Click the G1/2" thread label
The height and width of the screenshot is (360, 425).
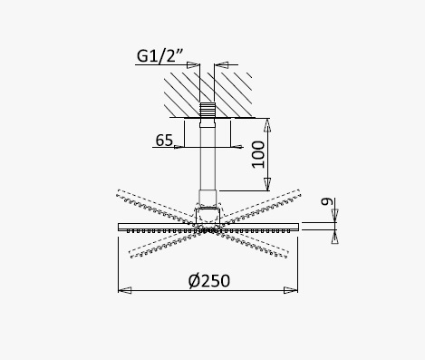[159, 56]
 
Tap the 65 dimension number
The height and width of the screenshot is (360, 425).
[164, 140]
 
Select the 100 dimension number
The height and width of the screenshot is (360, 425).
[258, 154]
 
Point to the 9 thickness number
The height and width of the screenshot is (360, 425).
[326, 201]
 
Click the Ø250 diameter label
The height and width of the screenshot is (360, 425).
[209, 281]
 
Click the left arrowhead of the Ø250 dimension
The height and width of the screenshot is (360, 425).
[125, 290]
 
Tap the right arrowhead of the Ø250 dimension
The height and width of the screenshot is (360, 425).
[291, 290]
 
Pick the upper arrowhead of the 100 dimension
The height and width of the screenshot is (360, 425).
[267, 125]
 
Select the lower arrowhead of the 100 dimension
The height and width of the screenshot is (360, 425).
[267, 184]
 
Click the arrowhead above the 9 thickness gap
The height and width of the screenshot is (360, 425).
[334, 215]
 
